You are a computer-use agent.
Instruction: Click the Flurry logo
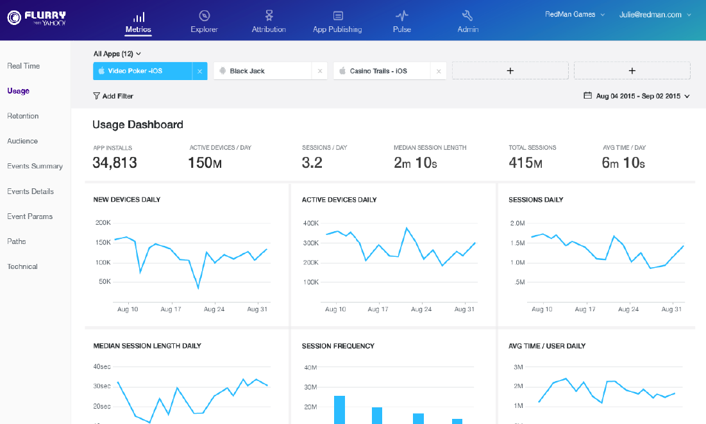coord(37,17)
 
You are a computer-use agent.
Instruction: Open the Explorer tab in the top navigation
coord(204,21)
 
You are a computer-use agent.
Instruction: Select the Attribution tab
coord(269,21)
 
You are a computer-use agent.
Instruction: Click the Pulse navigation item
coord(402,21)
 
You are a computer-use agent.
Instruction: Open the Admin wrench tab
coord(467,21)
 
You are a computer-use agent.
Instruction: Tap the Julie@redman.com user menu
coord(655,15)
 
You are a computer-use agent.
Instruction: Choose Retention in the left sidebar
coord(23,116)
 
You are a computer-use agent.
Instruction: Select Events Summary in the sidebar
coord(35,166)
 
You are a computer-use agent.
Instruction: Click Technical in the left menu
coord(22,266)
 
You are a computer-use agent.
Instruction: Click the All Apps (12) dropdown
coord(117,54)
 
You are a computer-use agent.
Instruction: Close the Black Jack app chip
coord(320,71)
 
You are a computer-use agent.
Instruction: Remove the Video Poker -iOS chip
coord(199,71)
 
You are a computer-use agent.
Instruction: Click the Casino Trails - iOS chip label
coord(378,71)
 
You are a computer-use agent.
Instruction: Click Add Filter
coord(113,96)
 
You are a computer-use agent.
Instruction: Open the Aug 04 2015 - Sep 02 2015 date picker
coord(638,96)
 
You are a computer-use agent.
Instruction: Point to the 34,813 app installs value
coord(115,163)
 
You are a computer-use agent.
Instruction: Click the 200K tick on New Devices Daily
coord(103,223)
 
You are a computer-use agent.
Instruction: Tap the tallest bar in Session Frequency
coord(340,409)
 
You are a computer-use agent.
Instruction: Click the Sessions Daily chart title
coord(536,200)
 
